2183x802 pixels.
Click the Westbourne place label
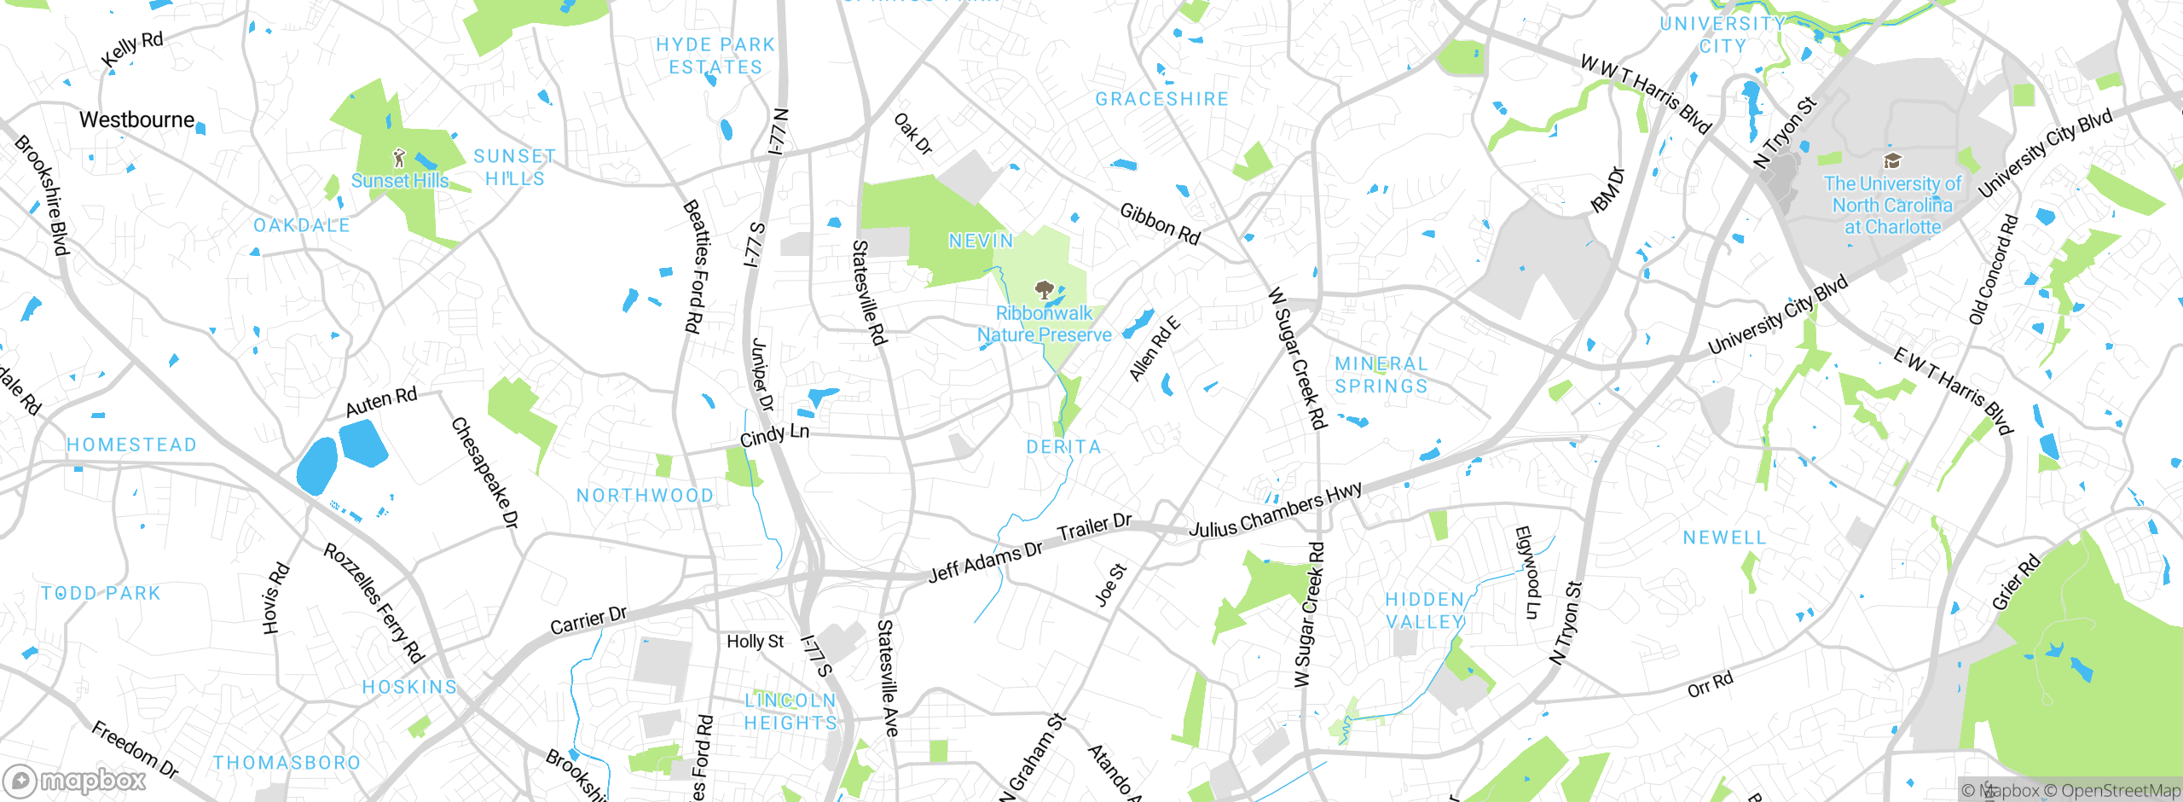pyautogui.click(x=136, y=120)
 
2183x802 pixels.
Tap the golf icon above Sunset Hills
pyautogui.click(x=399, y=158)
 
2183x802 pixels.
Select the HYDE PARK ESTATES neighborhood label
pyautogui.click(x=715, y=55)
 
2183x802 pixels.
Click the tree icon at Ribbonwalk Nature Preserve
pyautogui.click(x=1044, y=290)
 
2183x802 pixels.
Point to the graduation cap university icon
pyautogui.click(x=1892, y=161)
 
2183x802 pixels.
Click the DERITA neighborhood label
pyautogui.click(x=1063, y=447)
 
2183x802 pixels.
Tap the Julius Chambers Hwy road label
pyautogui.click(x=1275, y=510)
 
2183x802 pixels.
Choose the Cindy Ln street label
pyautogui.click(x=774, y=435)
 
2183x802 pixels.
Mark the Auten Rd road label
pyautogui.click(x=381, y=401)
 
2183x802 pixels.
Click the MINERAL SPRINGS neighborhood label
pyautogui.click(x=1381, y=375)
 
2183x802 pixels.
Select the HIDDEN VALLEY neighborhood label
pyautogui.click(x=1425, y=611)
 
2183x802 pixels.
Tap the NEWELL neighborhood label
pyautogui.click(x=1724, y=538)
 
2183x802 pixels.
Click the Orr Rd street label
pyautogui.click(x=1711, y=684)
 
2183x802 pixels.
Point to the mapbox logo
pyautogui.click(x=75, y=780)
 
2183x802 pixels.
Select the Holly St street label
pyautogui.click(x=755, y=642)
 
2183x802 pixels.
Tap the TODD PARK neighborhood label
pyautogui.click(x=101, y=593)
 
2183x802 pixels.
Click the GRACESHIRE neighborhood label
pyautogui.click(x=1161, y=100)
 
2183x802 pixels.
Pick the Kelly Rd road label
pyautogui.click(x=132, y=49)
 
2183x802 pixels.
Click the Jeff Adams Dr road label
pyautogui.click(x=985, y=562)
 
